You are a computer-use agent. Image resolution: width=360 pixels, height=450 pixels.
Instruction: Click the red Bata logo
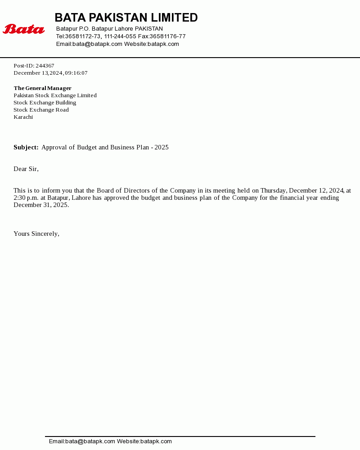click(24, 29)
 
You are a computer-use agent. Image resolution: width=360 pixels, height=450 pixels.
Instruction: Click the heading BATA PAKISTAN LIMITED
click(126, 18)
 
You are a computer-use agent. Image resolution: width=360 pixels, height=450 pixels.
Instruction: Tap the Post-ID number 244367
click(45, 66)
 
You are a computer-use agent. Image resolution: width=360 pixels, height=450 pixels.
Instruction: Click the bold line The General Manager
click(42, 88)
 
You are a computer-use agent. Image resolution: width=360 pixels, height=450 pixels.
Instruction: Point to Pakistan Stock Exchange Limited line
click(55, 95)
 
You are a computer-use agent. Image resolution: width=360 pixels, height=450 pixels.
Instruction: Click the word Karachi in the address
click(23, 117)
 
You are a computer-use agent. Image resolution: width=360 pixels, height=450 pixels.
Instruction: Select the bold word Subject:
click(26, 147)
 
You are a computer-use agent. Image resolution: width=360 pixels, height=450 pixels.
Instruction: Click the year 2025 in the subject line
click(161, 147)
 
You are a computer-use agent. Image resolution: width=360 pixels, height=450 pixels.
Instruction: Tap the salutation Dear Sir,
click(26, 169)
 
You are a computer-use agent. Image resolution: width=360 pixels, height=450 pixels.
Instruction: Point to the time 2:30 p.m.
click(26, 198)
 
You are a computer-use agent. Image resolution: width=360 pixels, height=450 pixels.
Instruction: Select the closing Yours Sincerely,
click(36, 234)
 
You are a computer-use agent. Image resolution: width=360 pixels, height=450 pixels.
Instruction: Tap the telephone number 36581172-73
click(83, 36)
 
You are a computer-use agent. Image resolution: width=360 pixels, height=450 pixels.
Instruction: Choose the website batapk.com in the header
click(163, 44)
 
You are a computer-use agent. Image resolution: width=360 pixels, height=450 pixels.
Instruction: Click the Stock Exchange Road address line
click(41, 110)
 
